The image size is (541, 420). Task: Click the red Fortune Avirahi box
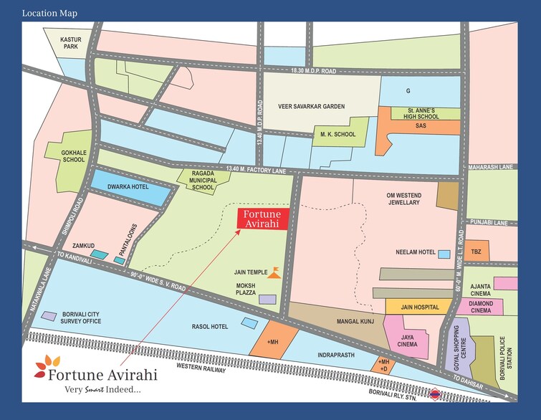263,219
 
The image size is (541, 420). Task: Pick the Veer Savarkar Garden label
311,106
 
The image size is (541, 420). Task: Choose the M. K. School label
337,133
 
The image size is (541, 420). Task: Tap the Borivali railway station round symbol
434,393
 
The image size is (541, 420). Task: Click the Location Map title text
49,13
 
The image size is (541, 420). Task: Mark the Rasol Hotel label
210,327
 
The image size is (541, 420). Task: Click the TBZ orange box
476,252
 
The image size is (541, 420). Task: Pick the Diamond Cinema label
480,306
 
